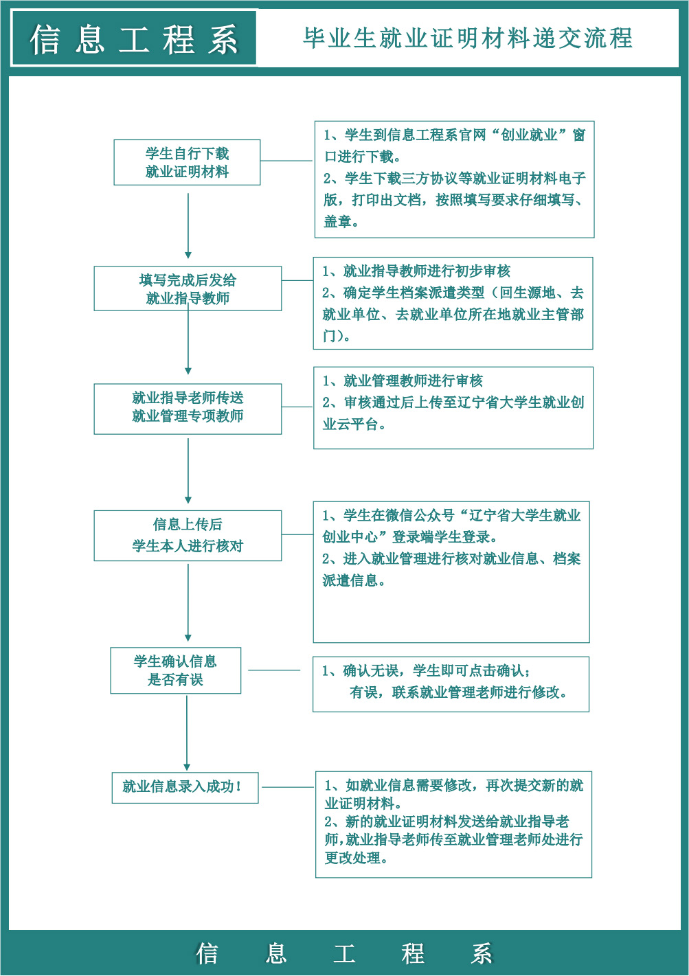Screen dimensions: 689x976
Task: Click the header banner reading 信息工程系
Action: pos(134,38)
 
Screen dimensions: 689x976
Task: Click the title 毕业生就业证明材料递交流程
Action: pos(468,38)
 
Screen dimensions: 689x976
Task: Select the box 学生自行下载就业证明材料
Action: pos(187,162)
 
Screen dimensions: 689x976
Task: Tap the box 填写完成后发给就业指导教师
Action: pos(188,288)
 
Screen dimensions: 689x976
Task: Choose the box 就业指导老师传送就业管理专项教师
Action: pos(188,409)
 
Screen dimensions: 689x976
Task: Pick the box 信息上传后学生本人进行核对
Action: pos(188,536)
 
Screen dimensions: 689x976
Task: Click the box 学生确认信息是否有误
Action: pos(176,670)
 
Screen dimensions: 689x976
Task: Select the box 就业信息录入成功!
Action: pos(185,788)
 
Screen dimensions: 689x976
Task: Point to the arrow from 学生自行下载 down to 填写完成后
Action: pos(188,226)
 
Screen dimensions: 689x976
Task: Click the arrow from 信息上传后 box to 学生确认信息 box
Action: pos(188,602)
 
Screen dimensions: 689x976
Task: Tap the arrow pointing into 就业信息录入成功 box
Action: pos(187,733)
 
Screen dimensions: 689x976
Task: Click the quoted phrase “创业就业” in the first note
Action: pos(530,135)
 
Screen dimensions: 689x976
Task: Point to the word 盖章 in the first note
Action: pos(338,222)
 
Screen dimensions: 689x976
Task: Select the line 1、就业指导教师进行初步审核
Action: pos(416,271)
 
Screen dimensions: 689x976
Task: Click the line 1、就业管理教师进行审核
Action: pos(403,381)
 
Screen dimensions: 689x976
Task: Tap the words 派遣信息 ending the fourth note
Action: pos(350,580)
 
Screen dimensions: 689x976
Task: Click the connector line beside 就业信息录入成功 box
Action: pos(288,787)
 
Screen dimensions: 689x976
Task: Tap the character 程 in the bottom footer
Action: pos(413,953)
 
